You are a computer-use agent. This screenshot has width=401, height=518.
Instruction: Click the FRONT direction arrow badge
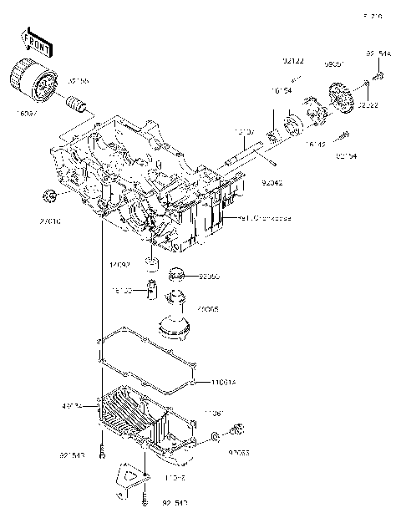(33, 40)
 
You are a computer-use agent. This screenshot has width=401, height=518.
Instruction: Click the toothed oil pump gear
(342, 95)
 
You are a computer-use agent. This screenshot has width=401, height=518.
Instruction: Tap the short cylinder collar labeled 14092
(151, 267)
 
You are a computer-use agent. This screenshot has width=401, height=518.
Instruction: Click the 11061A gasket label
(223, 383)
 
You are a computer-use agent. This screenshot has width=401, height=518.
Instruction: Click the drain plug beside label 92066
(236, 431)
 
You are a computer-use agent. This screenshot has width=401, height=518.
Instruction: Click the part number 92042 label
(272, 180)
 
